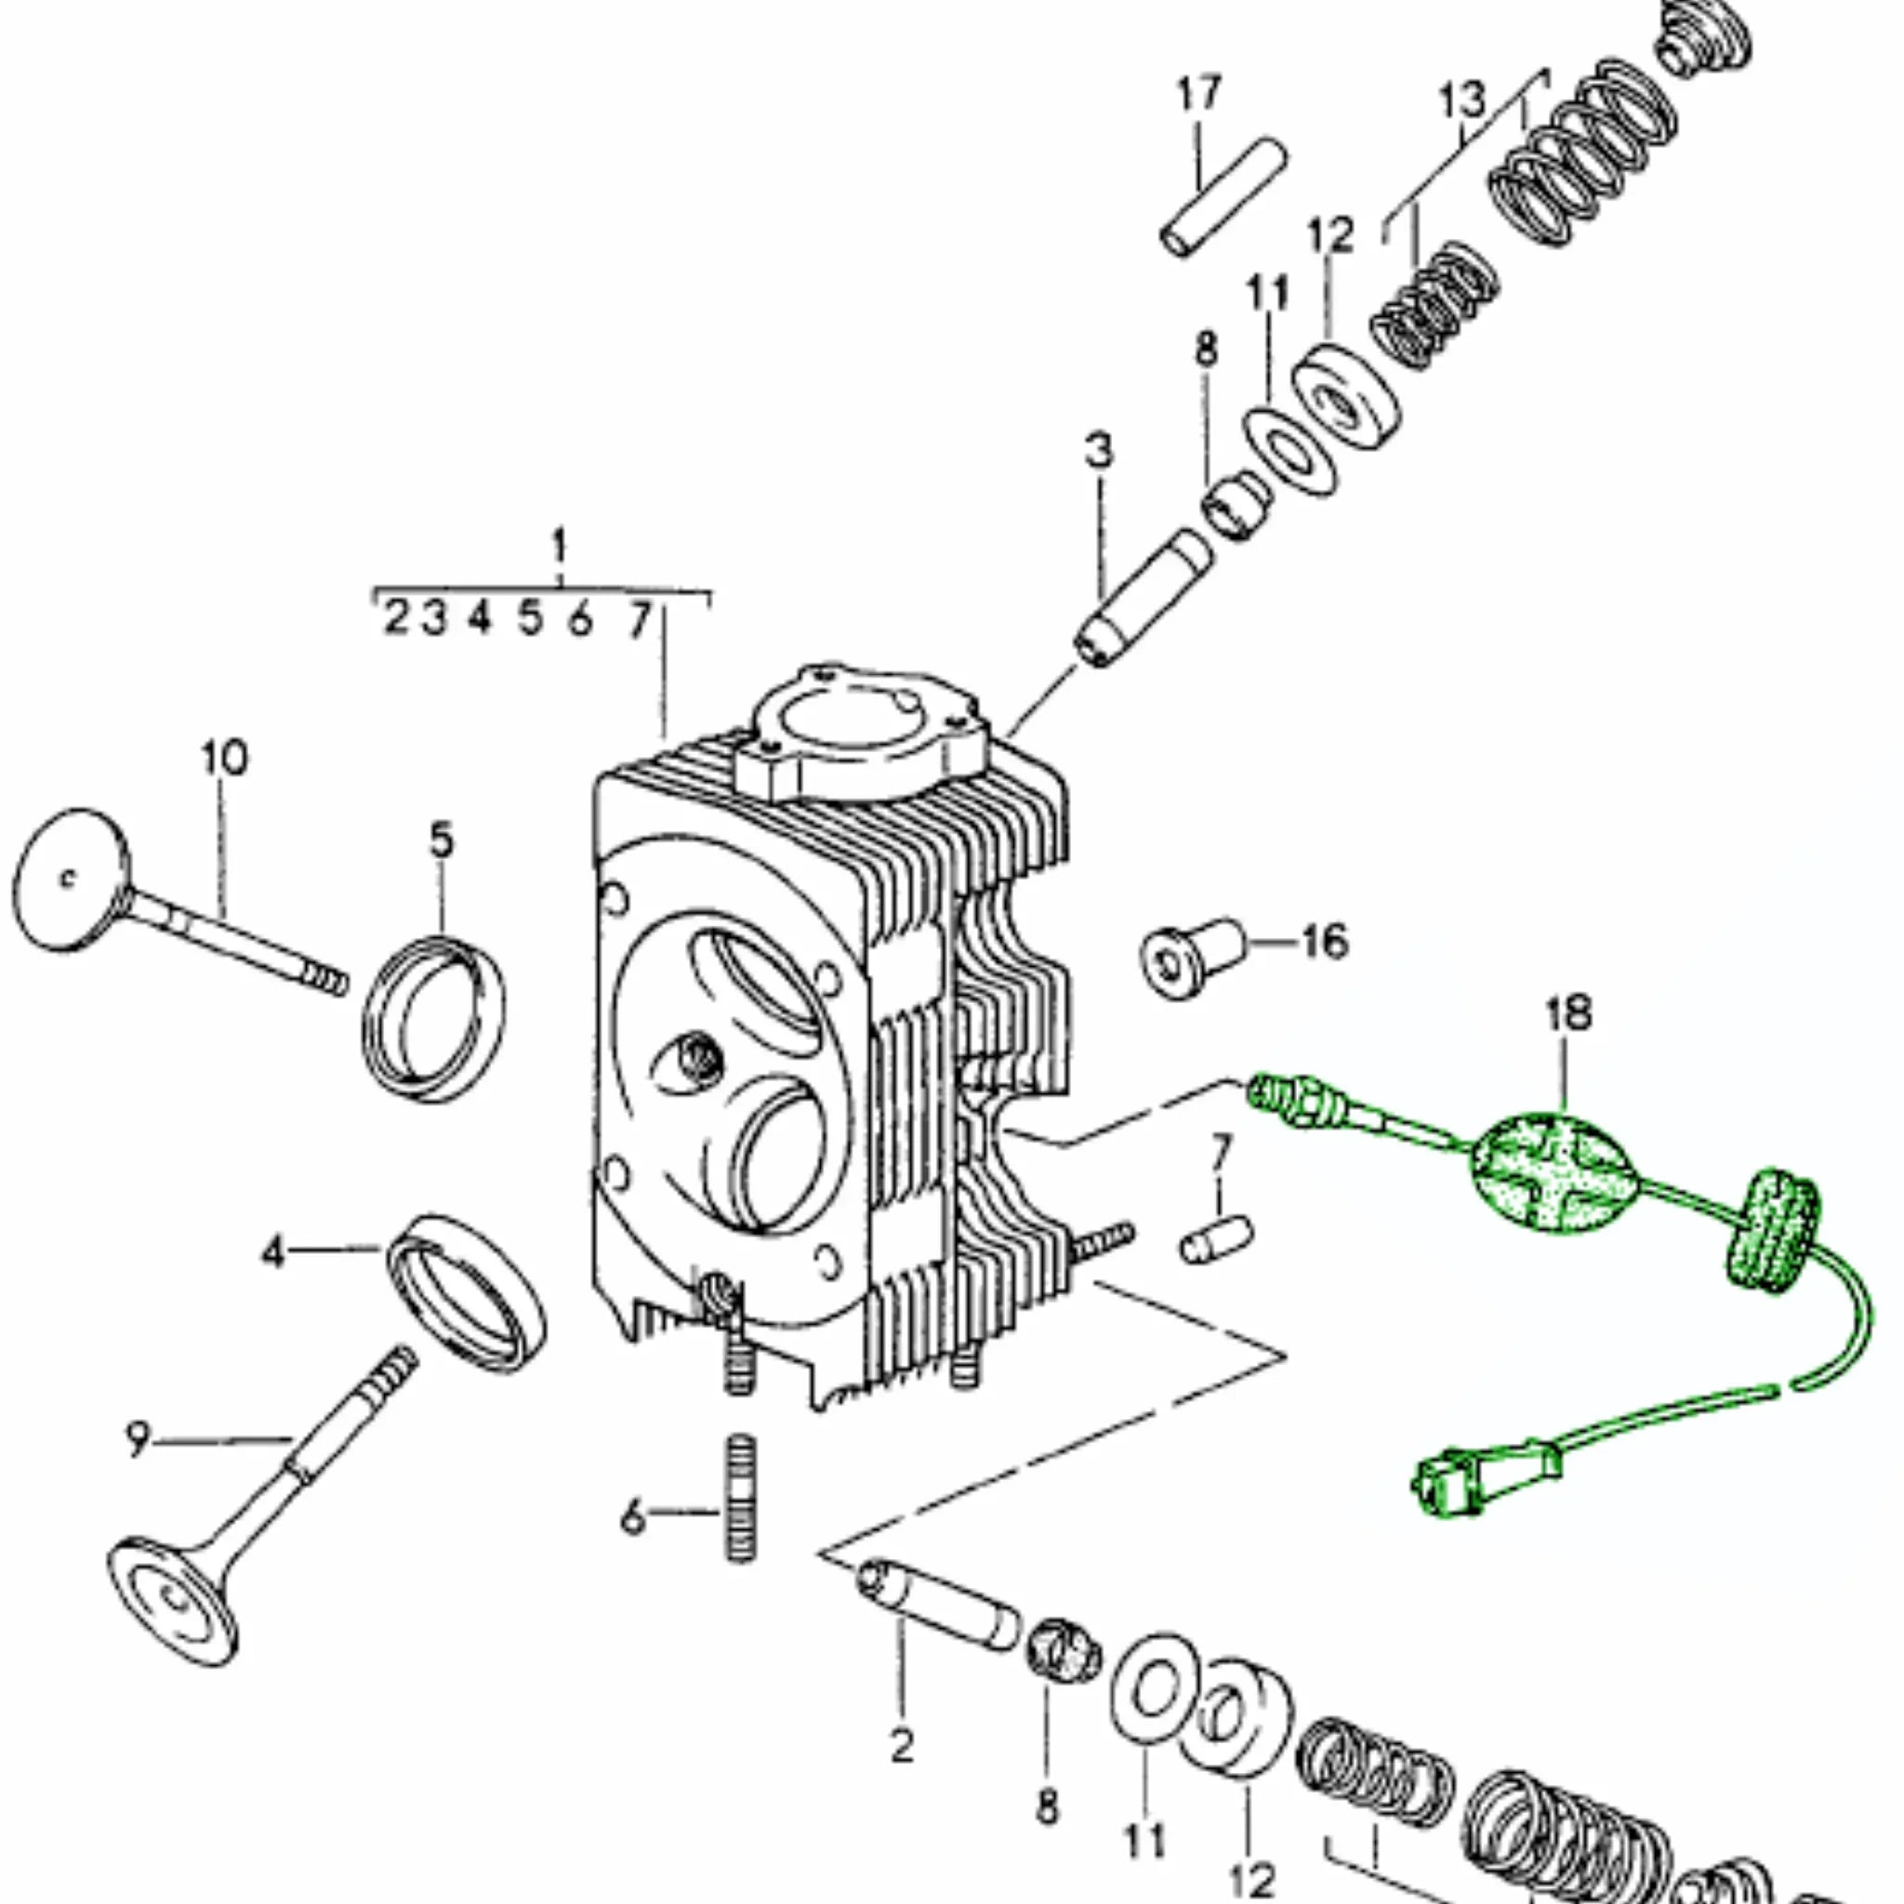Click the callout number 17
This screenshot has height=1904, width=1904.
click(x=1198, y=94)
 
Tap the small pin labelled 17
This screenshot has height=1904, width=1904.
click(x=1223, y=198)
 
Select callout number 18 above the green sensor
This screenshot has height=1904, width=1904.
click(x=1568, y=1014)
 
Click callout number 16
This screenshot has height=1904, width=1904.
click(x=1324, y=941)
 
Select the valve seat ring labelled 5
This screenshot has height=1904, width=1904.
click(x=434, y=1021)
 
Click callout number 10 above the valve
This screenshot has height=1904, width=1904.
click(x=225, y=759)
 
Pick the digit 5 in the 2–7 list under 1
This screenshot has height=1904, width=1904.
click(x=531, y=619)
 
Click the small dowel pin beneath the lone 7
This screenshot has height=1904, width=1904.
click(x=1216, y=1242)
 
